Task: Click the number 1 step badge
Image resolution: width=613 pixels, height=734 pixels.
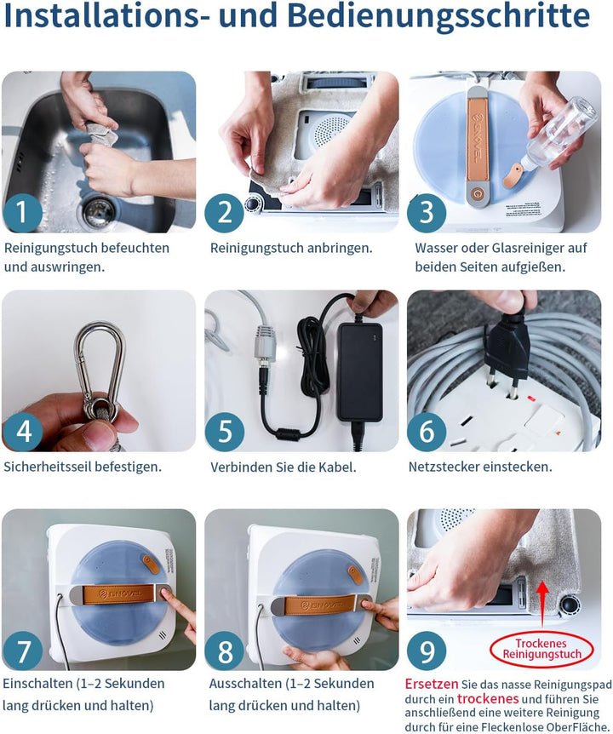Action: point(22,213)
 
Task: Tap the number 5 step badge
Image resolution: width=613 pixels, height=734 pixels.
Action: point(225,432)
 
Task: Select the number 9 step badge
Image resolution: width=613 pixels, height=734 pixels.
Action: point(427,651)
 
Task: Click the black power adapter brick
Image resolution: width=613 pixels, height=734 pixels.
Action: point(360,371)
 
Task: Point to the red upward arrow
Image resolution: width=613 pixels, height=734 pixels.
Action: point(542,605)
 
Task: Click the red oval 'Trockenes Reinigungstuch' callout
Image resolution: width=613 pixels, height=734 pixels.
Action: point(541,649)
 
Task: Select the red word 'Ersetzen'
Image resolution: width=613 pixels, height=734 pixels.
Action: point(432,684)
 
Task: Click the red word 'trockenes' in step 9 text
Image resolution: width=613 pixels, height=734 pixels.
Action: point(488,699)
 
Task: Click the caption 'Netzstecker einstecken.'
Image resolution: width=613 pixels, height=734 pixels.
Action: point(480,467)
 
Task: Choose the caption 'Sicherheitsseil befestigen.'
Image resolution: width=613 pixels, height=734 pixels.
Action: point(83,467)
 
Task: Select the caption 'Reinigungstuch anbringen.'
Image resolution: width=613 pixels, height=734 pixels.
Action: point(291,248)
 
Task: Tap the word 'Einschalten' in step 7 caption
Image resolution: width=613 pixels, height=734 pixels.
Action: point(38,684)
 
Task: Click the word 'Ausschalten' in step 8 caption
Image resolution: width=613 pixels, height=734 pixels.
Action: point(244,684)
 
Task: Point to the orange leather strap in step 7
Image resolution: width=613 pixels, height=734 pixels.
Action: point(118,594)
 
